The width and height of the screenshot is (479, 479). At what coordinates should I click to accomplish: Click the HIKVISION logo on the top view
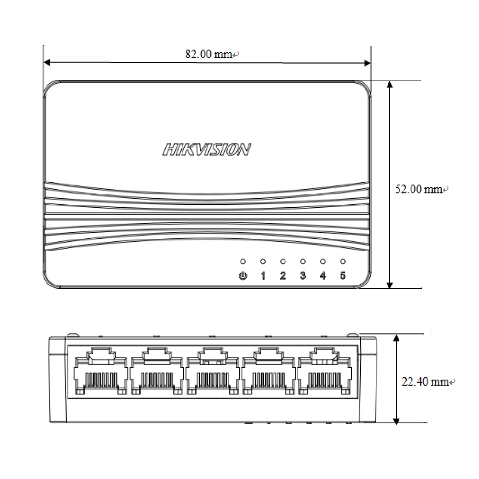click(206, 150)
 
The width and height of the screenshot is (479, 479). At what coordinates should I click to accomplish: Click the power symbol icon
click(243, 276)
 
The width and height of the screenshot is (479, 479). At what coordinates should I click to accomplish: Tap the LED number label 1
click(262, 276)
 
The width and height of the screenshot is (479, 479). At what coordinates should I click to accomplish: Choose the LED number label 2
click(283, 276)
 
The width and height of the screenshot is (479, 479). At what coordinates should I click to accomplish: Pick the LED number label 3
click(303, 276)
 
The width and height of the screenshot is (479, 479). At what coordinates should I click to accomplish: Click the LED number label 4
click(323, 276)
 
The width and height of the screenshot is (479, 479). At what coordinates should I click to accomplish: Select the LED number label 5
click(342, 276)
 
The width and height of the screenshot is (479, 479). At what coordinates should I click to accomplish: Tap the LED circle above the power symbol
click(243, 262)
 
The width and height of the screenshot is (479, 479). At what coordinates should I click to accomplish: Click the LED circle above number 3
click(303, 262)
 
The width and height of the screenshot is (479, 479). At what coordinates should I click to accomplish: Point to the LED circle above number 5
click(342, 262)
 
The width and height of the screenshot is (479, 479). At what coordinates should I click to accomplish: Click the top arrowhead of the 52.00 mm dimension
click(390, 85)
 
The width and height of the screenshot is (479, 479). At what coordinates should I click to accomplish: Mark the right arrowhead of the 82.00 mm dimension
click(367, 62)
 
